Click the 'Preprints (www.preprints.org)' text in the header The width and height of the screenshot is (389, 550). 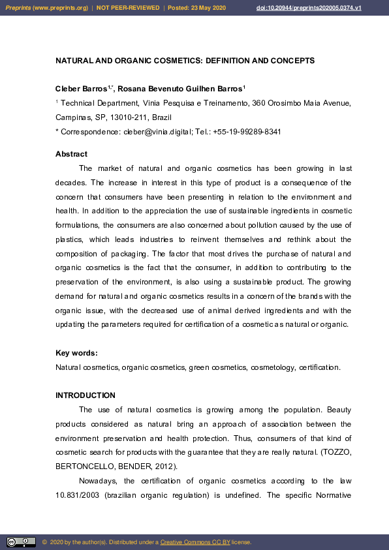[x=46, y=8]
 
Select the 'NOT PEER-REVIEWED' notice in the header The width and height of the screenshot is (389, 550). [x=127, y=8]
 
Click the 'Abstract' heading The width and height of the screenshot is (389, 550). [x=71, y=154]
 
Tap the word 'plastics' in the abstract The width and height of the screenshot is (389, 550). [x=69, y=239]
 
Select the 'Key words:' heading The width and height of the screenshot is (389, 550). [x=76, y=353]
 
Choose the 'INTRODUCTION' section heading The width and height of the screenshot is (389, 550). [x=86, y=395]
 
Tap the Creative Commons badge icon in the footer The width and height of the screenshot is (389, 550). [x=21, y=542]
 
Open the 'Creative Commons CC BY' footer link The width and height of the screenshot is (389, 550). [x=194, y=542]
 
